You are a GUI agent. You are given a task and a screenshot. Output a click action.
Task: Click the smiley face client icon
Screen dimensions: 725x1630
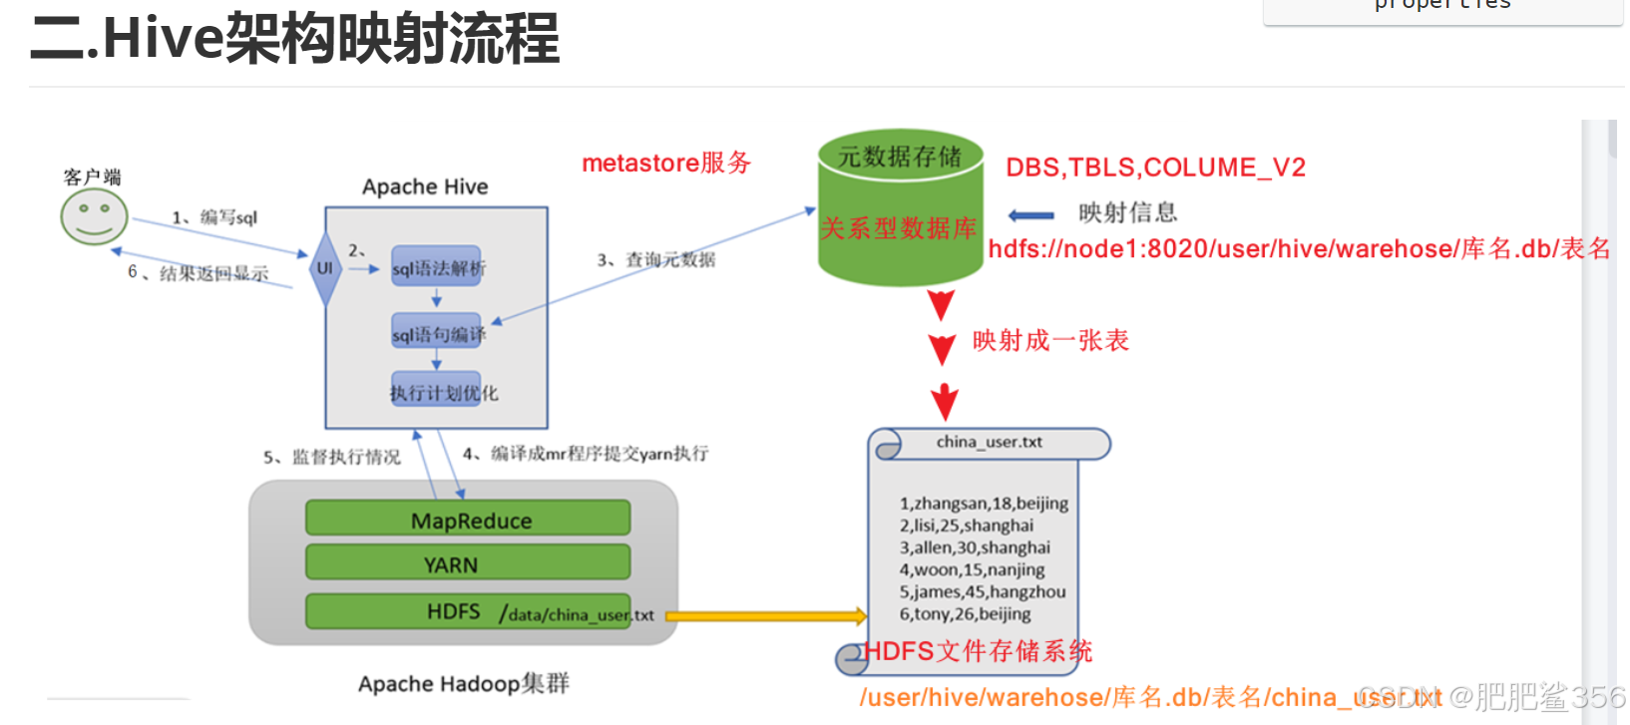(x=94, y=216)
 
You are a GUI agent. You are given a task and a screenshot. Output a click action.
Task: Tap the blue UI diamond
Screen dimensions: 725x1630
(x=325, y=268)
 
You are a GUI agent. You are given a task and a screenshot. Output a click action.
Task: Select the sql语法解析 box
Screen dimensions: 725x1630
(x=437, y=267)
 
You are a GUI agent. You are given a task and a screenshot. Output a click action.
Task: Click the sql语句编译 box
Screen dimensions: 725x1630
(x=437, y=334)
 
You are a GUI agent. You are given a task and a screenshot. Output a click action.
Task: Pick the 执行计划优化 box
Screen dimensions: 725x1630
(x=443, y=393)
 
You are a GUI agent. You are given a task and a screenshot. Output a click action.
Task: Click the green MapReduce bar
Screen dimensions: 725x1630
(x=469, y=520)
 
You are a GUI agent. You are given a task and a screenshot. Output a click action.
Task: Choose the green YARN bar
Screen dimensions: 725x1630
(x=469, y=563)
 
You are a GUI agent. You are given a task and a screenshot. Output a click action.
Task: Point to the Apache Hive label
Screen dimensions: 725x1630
(x=425, y=186)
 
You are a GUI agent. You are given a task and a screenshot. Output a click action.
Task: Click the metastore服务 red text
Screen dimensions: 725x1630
(x=665, y=163)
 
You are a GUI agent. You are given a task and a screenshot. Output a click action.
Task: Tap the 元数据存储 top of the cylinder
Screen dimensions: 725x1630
(x=900, y=156)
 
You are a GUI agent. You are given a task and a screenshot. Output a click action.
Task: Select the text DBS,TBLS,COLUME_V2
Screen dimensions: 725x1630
(x=1155, y=167)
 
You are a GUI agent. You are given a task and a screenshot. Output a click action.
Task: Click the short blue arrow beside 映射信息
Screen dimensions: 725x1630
(x=1030, y=215)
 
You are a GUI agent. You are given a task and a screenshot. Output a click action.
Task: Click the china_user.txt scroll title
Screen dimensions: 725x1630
(x=989, y=442)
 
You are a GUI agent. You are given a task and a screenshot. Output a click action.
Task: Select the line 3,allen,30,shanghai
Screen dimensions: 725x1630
(x=975, y=547)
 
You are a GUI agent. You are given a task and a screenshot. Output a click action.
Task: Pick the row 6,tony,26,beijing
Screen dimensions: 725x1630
(x=965, y=614)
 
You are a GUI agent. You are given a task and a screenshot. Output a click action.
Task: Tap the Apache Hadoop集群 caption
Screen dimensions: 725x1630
(x=464, y=683)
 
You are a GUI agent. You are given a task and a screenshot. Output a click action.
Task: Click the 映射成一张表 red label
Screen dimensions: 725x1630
(x=1050, y=341)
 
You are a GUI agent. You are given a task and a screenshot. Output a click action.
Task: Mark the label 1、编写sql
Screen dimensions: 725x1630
(x=214, y=217)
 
